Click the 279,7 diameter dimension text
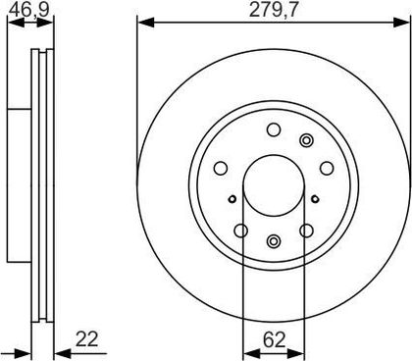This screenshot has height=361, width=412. (274, 10)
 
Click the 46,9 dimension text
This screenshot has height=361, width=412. (28, 10)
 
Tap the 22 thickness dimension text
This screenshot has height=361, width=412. (86, 339)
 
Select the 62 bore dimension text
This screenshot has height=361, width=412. (275, 340)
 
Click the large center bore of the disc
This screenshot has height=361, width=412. (274, 185)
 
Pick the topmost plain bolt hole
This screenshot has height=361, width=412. (274, 129)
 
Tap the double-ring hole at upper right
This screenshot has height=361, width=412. (306, 140)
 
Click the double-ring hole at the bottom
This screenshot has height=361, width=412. (274, 241)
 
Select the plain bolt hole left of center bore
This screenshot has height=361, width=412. (221, 168)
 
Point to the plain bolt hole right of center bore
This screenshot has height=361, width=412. (327, 168)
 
